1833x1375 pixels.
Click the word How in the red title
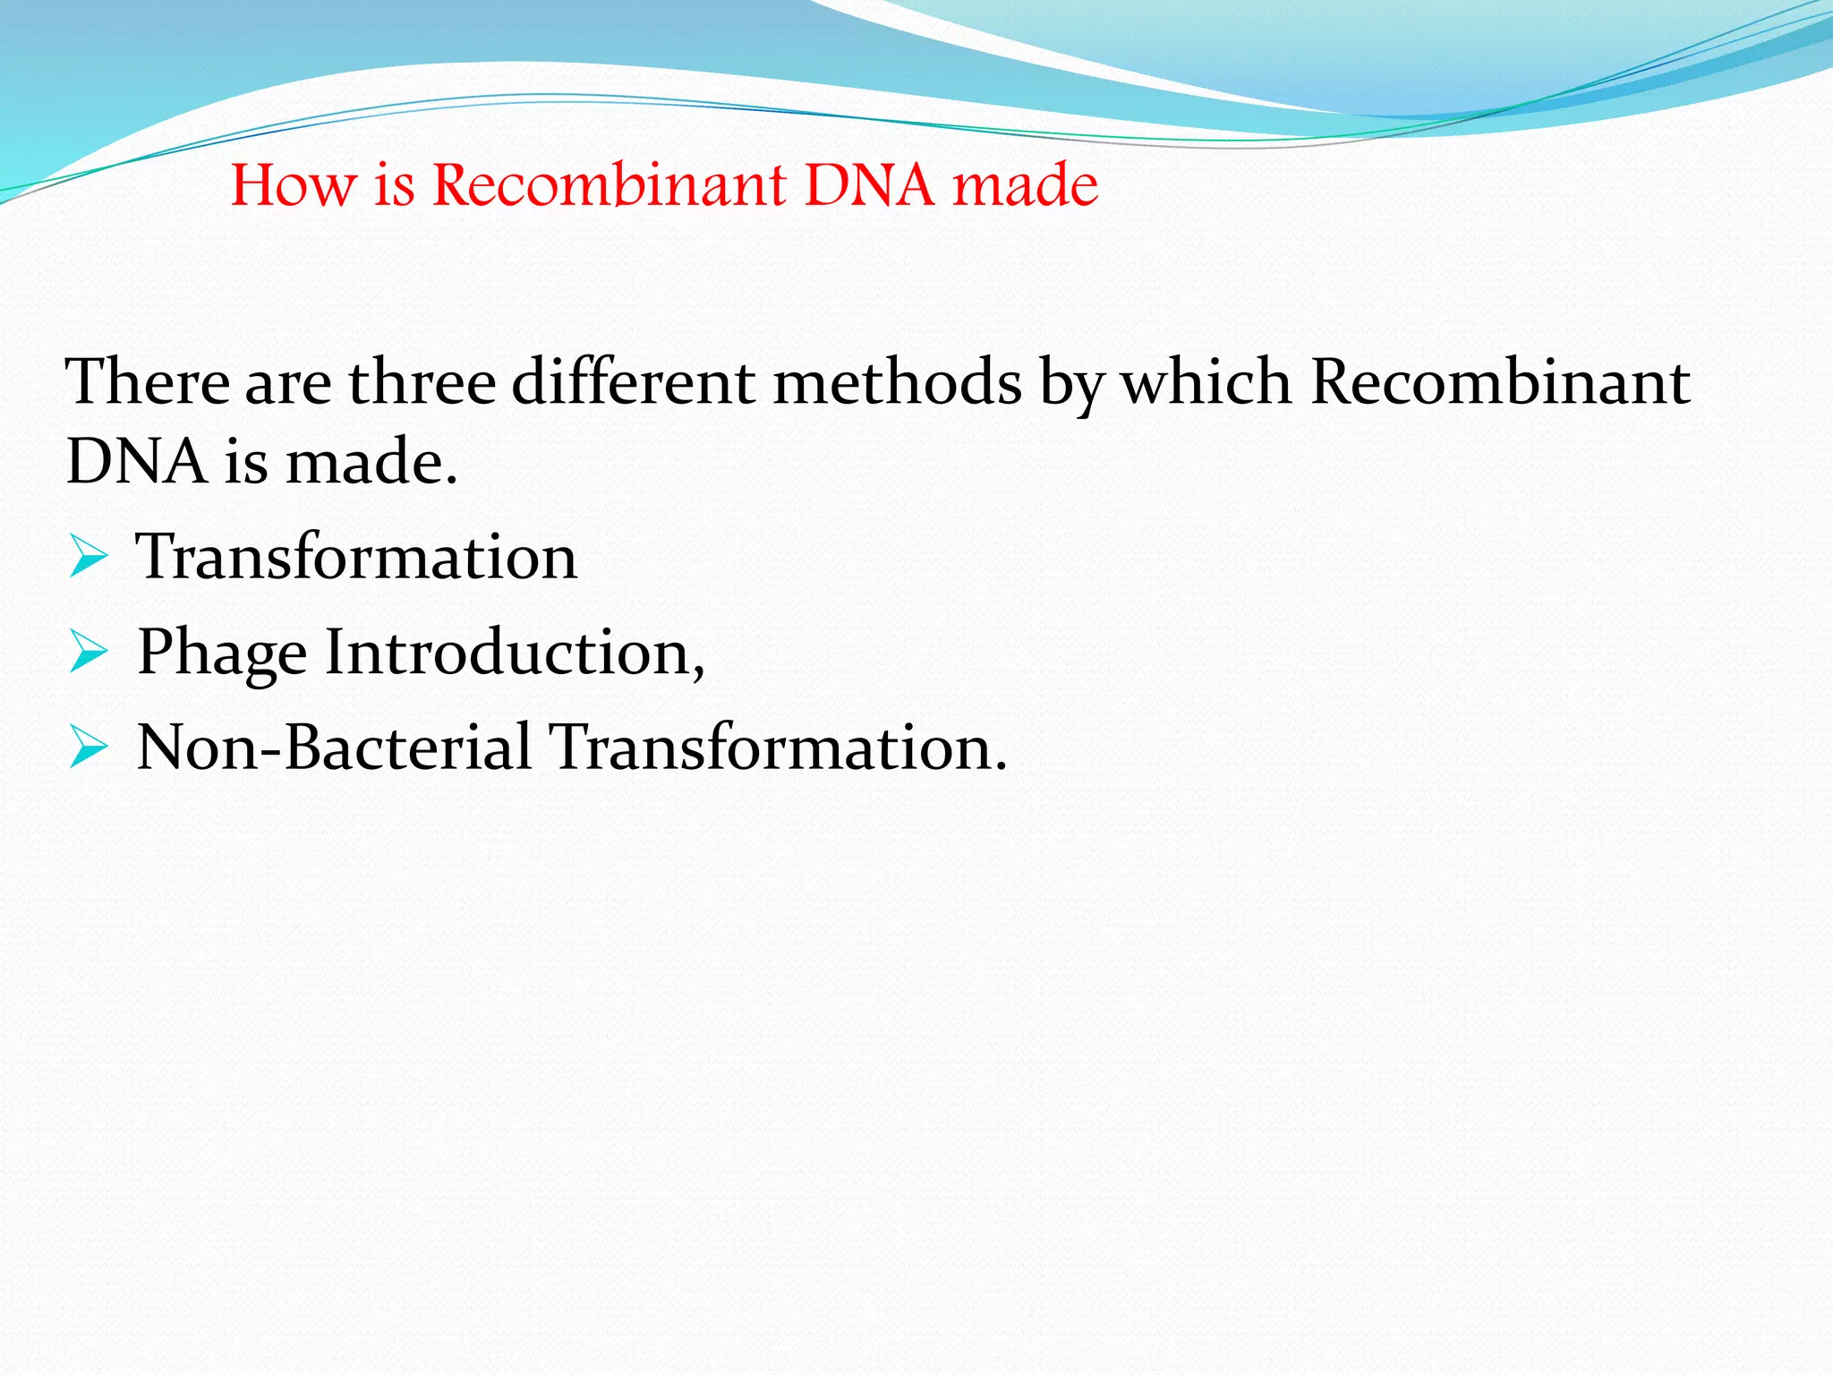(x=294, y=186)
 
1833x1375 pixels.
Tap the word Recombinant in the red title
(x=610, y=186)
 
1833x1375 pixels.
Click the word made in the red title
(x=1025, y=186)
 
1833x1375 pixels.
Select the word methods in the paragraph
(x=897, y=383)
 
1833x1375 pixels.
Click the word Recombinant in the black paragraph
(x=1501, y=383)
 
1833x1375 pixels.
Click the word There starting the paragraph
(x=148, y=383)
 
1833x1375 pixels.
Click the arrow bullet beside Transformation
(x=88, y=558)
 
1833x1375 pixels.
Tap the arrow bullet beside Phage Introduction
(x=88, y=653)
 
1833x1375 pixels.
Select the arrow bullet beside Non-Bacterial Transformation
(x=88, y=747)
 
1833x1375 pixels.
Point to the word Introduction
(x=515, y=653)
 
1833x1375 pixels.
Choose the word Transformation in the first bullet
(x=356, y=558)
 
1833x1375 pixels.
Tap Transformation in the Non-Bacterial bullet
(x=777, y=747)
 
